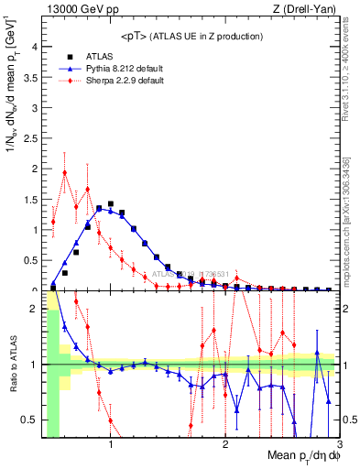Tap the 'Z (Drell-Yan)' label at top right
pyautogui.click(x=308, y=10)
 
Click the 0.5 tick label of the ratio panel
pyautogui.click(x=29, y=420)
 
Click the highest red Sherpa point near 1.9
pyautogui.click(x=64, y=172)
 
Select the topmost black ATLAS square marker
pyautogui.click(x=111, y=203)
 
